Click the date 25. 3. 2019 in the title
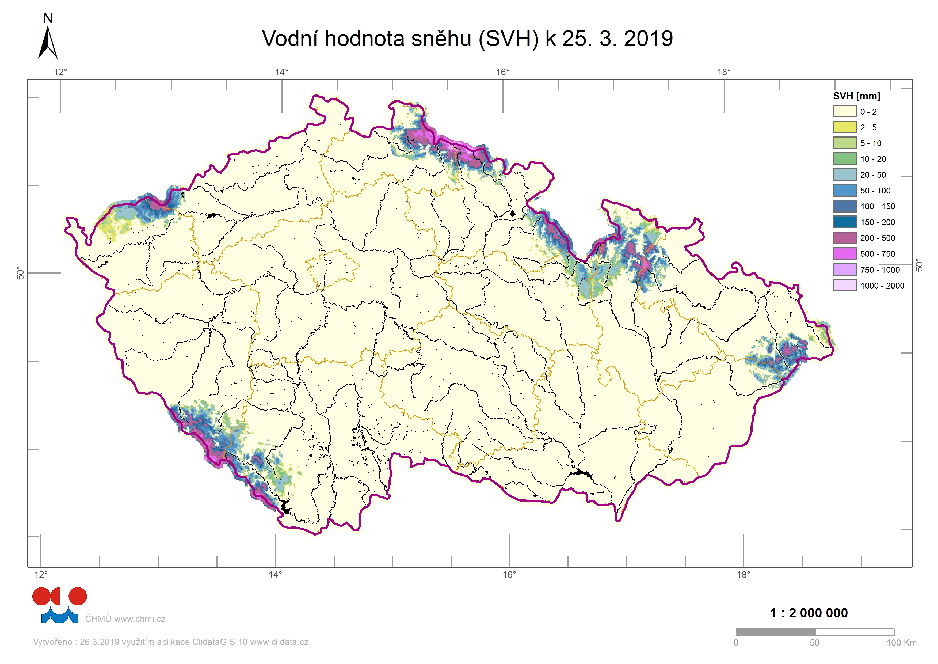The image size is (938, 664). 617,39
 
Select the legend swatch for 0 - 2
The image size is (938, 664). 844,112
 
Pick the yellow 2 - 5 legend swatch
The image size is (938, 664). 844,127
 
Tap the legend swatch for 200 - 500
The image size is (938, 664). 844,238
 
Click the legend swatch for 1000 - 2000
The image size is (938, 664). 844,285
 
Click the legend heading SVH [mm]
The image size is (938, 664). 856,96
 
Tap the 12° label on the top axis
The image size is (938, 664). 60,72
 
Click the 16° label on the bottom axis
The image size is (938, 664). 509,575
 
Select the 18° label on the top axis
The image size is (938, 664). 724,72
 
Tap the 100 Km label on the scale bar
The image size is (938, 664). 901,643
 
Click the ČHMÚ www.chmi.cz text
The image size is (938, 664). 125,619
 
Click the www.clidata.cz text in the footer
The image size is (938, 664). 279,642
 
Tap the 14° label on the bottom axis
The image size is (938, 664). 275,575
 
